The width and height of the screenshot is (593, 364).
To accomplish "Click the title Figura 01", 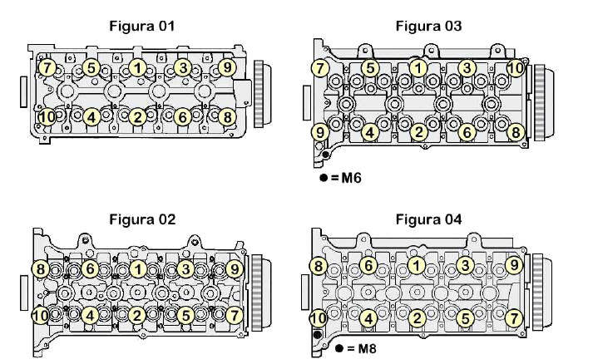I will [142, 26].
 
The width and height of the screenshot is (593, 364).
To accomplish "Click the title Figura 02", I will [142, 219].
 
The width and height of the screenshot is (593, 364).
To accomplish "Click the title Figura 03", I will [428, 26].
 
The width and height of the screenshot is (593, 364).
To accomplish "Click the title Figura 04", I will [428, 219].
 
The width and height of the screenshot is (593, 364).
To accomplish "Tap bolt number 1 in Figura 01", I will [138, 66].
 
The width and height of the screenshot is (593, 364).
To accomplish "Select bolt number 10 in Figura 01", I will [47, 117].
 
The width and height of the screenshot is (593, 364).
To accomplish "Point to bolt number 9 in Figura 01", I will [225, 66].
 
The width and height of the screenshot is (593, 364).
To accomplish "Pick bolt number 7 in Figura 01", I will [47, 66].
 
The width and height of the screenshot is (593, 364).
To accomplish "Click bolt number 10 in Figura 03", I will [516, 67].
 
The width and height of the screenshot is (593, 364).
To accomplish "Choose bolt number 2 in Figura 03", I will [420, 131].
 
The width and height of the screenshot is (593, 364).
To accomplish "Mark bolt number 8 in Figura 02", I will [40, 268].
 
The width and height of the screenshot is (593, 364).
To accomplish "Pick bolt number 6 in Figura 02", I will [90, 268].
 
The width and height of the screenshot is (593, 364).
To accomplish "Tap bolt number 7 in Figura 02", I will [234, 315].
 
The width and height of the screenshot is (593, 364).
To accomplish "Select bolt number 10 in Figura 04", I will [318, 318].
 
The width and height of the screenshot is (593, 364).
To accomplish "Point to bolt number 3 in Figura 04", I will [467, 264].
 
